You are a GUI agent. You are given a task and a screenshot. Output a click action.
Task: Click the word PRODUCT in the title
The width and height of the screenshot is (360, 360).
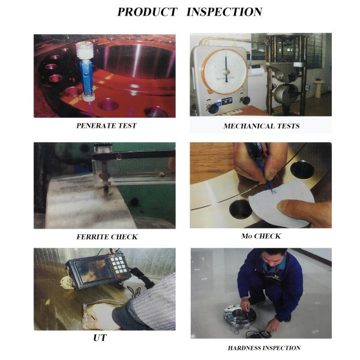coord(147,12)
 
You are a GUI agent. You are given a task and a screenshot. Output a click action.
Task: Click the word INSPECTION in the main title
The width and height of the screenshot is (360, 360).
coord(224,12)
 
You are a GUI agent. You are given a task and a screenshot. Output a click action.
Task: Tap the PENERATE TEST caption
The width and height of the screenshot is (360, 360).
coord(107,125)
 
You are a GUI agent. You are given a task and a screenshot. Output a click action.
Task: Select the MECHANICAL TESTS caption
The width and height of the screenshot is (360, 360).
coord(262,126)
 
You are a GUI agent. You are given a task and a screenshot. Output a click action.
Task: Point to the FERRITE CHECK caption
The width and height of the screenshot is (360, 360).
coord(107,237)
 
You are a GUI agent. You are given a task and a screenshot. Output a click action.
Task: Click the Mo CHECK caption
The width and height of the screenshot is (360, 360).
coord(261,236)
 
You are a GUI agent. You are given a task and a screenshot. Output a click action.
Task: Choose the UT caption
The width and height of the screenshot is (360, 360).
coord(100,338)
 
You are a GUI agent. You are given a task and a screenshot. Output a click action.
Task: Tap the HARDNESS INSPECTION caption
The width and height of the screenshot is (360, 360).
coord(264,348)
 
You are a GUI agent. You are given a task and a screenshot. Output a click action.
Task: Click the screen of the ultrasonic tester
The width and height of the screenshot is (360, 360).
coord(94,271)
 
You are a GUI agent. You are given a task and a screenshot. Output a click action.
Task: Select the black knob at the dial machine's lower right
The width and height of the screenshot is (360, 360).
coord(245,100)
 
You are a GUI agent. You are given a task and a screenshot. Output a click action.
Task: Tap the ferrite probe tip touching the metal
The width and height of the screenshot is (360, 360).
coord(106,190)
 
